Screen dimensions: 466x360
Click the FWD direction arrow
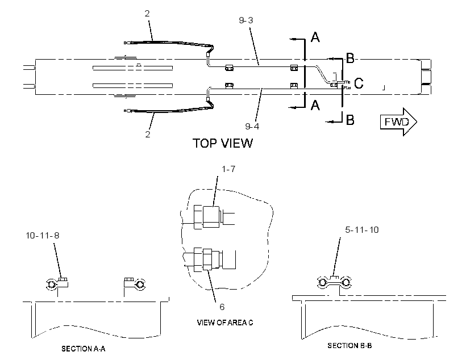pos(398,122)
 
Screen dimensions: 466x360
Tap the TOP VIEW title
pos(223,143)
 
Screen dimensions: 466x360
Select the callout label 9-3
pos(246,20)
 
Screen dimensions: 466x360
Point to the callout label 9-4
pos(252,126)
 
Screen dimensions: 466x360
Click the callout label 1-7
pos(228,169)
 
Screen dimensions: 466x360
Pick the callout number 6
pos(222,307)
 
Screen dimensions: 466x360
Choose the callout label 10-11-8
pos(43,236)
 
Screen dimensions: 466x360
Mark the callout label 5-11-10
pos(361,229)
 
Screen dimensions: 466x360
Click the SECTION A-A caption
pos(83,349)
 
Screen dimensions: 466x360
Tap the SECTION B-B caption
pos(349,345)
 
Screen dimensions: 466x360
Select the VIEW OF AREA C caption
pos(225,323)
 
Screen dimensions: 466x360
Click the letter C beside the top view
pos(359,83)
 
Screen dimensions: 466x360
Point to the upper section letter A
pos(315,37)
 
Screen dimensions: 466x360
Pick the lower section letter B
pos(351,120)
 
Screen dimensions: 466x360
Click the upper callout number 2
pos(147,14)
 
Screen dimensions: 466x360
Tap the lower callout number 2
pos(148,134)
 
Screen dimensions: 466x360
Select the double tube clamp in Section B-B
pos(334,282)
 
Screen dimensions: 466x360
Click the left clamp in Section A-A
pos(57,284)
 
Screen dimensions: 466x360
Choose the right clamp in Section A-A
pos(135,284)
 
